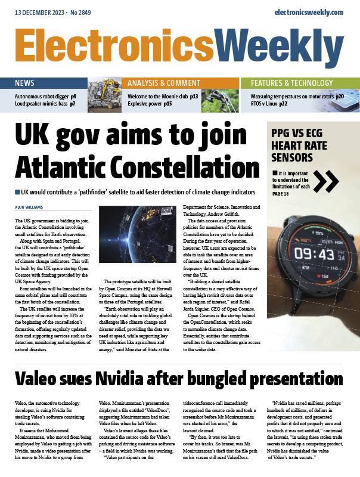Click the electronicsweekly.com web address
point(309,12)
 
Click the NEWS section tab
point(24,83)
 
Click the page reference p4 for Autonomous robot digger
point(73,95)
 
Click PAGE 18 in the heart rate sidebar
point(284,194)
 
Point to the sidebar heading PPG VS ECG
point(303,132)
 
